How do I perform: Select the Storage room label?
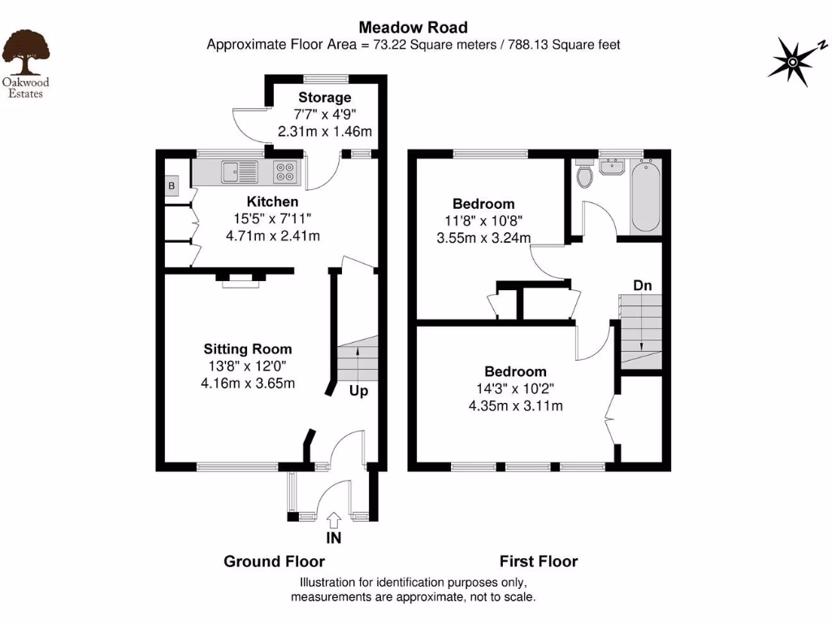coord(325,98)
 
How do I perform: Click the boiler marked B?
coord(171,187)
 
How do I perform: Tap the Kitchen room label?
coord(272,201)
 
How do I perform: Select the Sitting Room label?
coord(249,349)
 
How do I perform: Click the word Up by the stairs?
coord(358,391)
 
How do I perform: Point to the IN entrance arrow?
coord(333,520)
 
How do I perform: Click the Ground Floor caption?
coord(274,561)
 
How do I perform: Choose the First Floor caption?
coord(538,561)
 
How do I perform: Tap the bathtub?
coord(646,196)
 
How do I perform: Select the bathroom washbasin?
coord(612,167)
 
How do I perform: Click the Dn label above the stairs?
coord(643,285)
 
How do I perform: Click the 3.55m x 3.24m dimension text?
coord(483,238)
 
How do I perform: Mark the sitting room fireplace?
coord(240,279)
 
